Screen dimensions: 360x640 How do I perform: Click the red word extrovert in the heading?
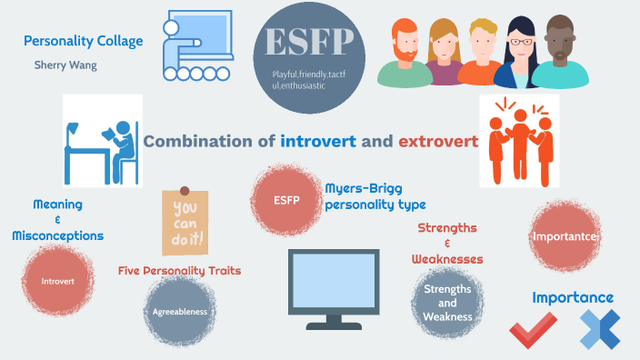[x=436, y=142]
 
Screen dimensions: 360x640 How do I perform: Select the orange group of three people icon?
[x=521, y=143]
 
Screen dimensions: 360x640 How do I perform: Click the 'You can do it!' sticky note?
[x=185, y=222]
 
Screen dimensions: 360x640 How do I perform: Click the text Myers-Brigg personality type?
[x=375, y=196]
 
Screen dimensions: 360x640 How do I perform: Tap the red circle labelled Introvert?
[x=58, y=280]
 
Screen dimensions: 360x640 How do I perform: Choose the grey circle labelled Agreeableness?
[x=180, y=312]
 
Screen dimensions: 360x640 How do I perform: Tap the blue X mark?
[x=599, y=329]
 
